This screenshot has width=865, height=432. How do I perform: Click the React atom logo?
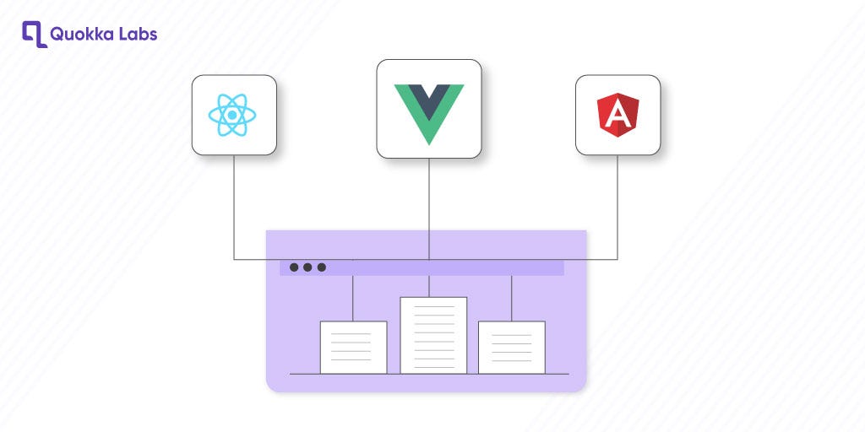232,115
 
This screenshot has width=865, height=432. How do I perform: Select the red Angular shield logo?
617,115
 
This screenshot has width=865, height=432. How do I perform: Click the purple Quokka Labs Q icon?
34,34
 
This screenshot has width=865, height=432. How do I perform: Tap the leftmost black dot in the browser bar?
294,267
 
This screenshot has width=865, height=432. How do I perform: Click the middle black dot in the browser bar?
307,267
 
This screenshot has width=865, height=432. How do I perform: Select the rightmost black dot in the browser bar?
321,267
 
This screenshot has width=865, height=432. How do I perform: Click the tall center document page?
433,335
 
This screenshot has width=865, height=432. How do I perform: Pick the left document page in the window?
353,347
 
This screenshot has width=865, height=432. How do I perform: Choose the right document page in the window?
511,347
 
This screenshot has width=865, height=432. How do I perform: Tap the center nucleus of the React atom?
232,115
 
